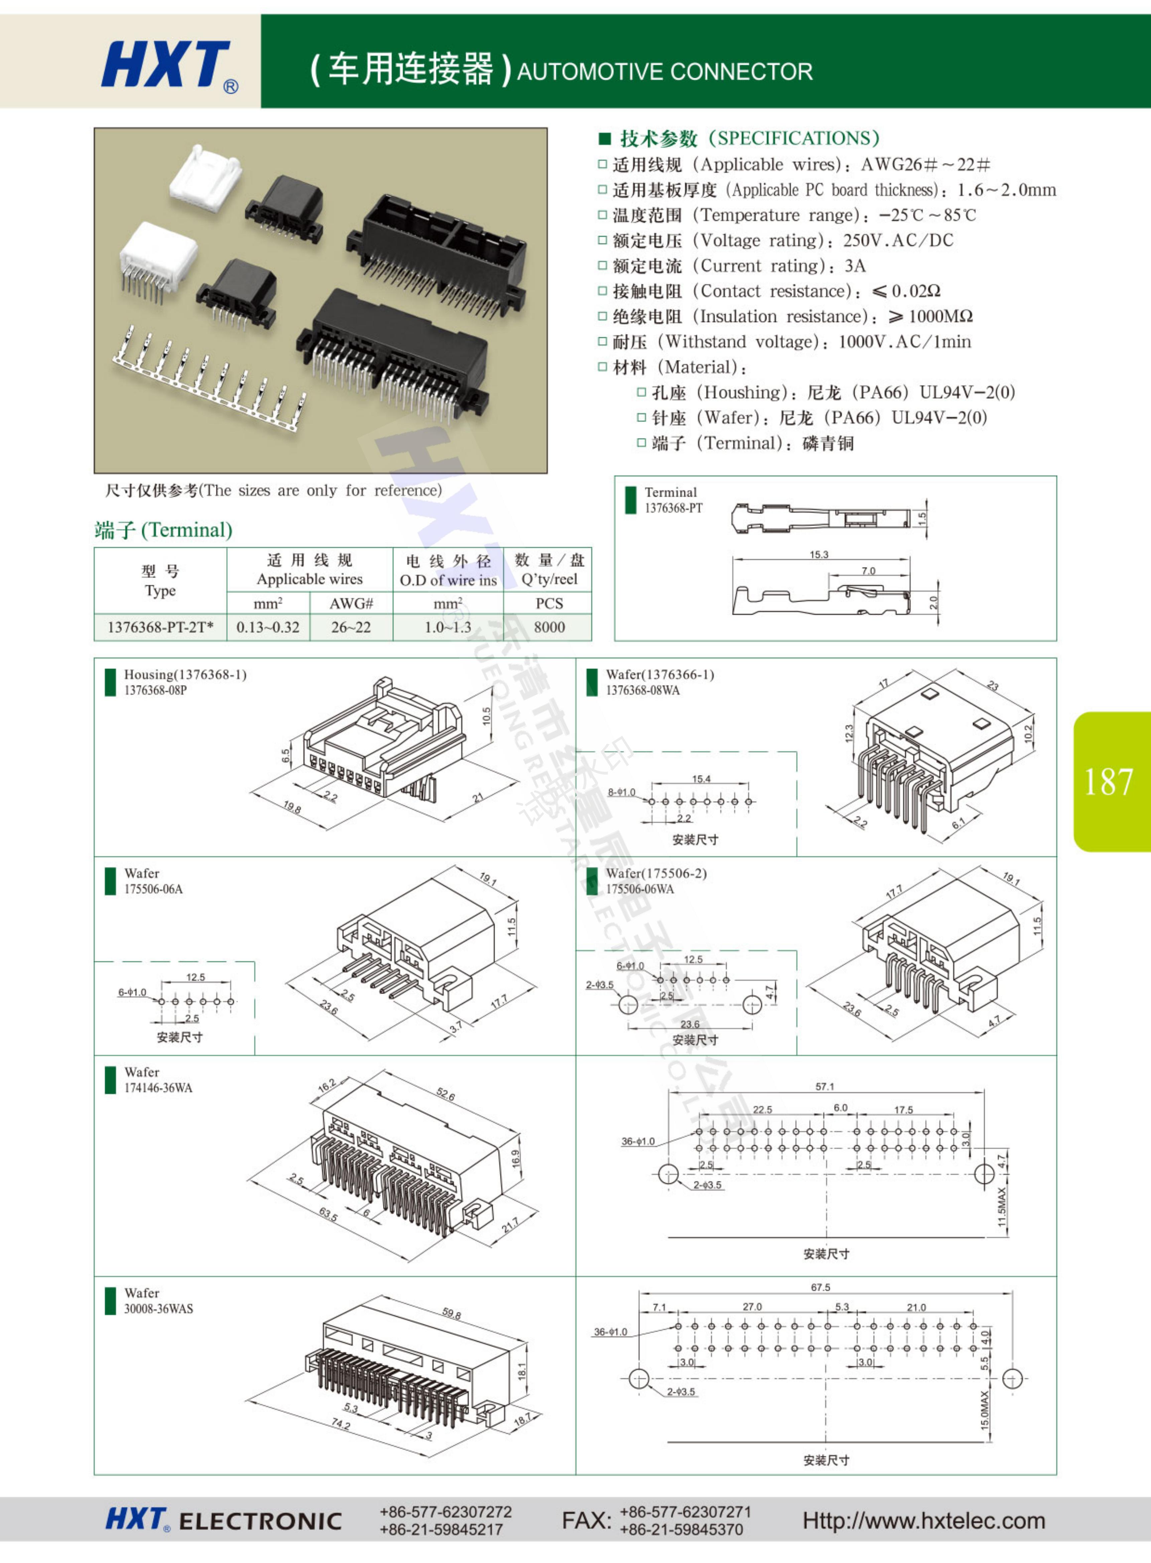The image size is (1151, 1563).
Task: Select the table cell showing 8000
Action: tap(549, 627)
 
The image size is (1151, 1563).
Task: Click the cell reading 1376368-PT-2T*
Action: tap(160, 627)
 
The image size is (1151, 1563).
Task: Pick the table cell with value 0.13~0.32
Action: tap(268, 627)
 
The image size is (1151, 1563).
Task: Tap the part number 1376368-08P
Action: tap(155, 690)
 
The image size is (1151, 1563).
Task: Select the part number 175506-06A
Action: tap(153, 888)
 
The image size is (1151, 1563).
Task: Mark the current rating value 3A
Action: tap(855, 265)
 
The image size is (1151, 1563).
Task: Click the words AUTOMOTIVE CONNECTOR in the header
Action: tap(665, 72)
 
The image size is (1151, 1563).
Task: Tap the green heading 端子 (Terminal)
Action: tap(163, 530)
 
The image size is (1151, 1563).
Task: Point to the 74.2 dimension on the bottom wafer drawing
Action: tap(341, 1424)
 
